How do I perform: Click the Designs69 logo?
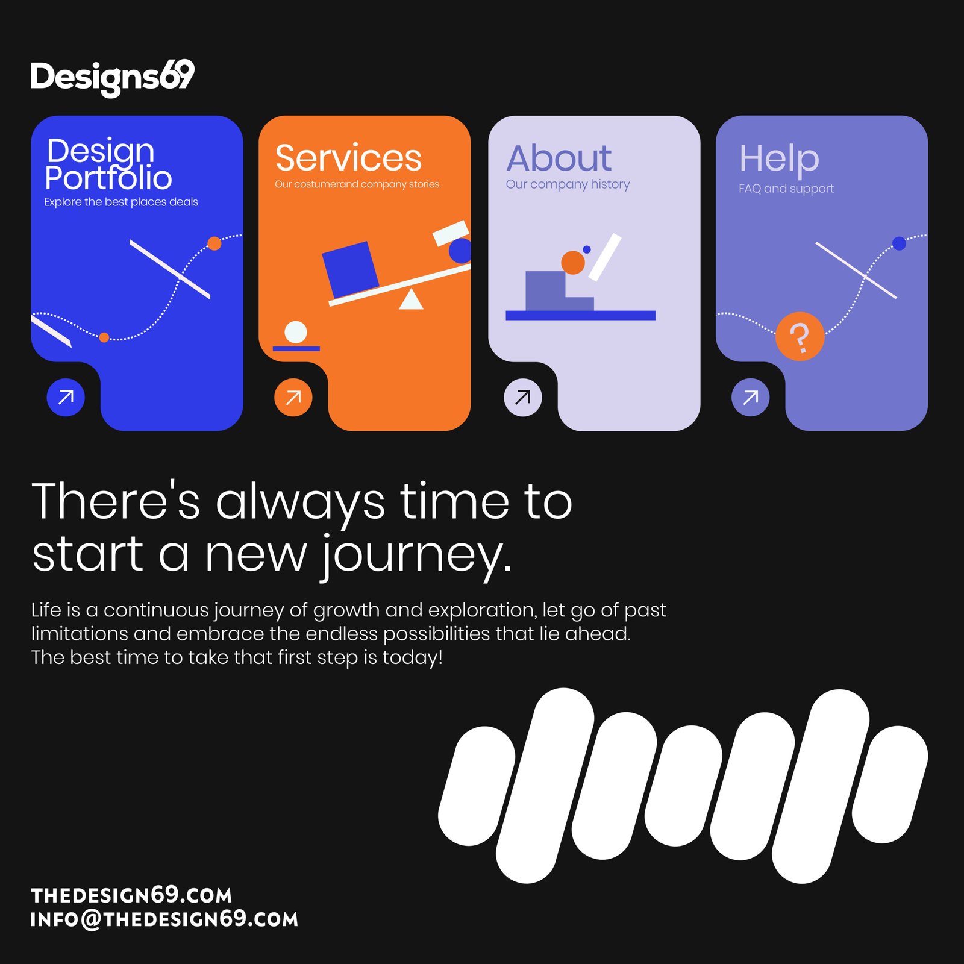coord(113,78)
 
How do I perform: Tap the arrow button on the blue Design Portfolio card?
coord(66,397)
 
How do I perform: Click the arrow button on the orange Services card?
coord(293,397)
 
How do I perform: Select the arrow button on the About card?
coord(523,397)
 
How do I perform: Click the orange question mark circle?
coord(800,336)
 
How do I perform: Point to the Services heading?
coord(348,158)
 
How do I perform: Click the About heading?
coord(559,158)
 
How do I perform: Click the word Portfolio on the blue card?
coord(108,178)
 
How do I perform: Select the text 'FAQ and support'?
coord(786,189)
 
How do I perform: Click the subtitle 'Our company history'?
coord(568,184)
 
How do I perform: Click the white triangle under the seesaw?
coord(411,299)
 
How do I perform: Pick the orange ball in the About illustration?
coord(573,263)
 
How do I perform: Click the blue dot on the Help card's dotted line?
coord(899,243)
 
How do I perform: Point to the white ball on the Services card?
coord(295,332)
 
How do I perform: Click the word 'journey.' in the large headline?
coord(416,556)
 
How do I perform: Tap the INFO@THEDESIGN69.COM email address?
coord(164,919)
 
